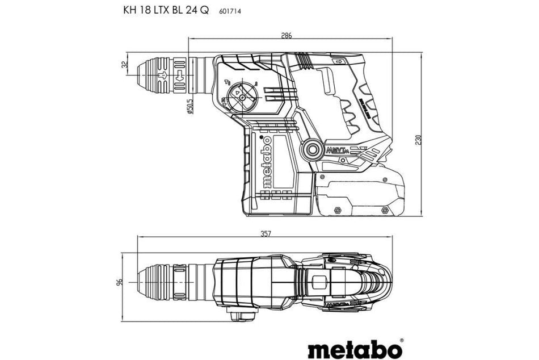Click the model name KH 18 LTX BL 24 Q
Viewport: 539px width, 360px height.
[x=165, y=10]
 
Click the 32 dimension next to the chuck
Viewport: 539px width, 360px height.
[x=124, y=66]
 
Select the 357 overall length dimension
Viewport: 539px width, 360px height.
[x=263, y=233]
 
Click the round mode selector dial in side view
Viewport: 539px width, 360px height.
[x=242, y=97]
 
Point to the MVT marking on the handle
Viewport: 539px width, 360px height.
[x=336, y=150]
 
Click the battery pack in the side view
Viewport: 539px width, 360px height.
[x=359, y=195]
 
